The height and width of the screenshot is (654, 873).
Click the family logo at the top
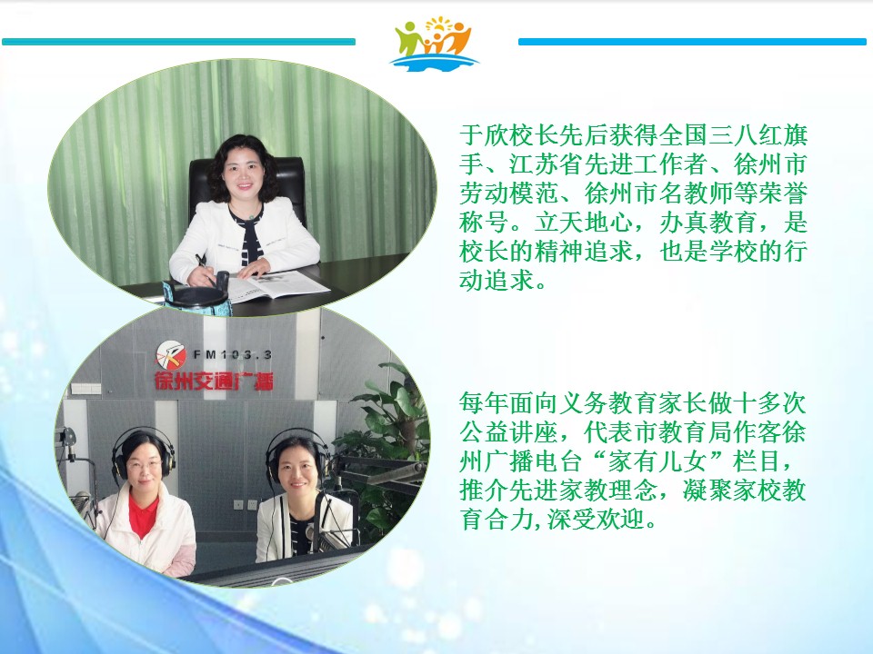point(434,44)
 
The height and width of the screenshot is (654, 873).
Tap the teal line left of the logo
point(179,42)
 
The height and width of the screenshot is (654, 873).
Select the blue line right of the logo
point(692,42)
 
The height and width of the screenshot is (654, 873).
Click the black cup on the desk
point(196,298)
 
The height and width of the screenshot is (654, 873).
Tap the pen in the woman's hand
point(204,267)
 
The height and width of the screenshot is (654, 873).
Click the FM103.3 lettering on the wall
point(233,354)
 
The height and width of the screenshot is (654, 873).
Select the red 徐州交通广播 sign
point(214,381)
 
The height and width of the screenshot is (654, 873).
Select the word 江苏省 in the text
point(546,164)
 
